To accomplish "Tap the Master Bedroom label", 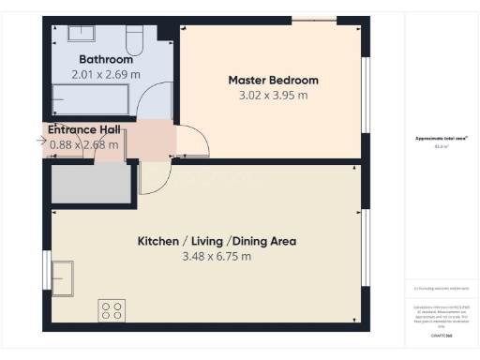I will point(273,80).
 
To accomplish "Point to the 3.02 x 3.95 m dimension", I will point(273,95).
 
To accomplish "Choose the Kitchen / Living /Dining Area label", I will point(217,241).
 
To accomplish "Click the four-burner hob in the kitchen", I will point(112,310).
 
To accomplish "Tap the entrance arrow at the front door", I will point(39,142).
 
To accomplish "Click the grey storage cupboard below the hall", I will point(92,184).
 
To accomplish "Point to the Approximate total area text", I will point(442,138).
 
